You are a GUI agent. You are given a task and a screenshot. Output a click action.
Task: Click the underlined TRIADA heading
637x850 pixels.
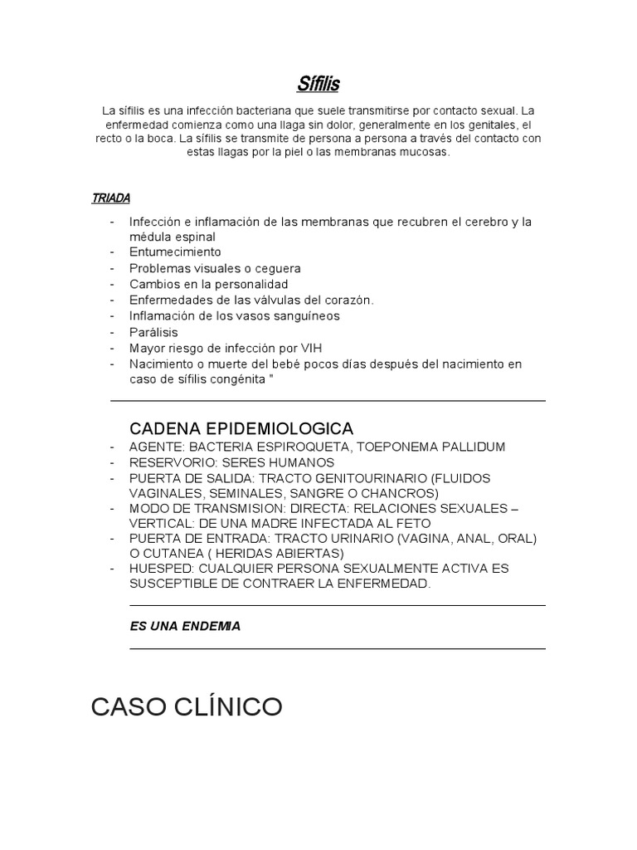pyautogui.click(x=110, y=198)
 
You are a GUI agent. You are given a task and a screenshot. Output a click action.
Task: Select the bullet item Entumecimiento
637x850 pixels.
pyautogui.click(x=175, y=252)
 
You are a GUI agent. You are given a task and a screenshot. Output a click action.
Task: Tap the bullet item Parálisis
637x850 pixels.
pyautogui.click(x=153, y=332)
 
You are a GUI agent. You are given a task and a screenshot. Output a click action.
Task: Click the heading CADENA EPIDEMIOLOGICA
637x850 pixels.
pyautogui.click(x=241, y=428)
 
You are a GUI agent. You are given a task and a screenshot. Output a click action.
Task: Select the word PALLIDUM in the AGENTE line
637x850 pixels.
pyautogui.click(x=466, y=447)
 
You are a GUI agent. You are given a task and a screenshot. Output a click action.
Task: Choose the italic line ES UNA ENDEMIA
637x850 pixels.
pyautogui.click(x=185, y=627)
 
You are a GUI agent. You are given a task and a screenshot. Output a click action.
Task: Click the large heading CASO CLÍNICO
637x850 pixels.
pyautogui.click(x=186, y=707)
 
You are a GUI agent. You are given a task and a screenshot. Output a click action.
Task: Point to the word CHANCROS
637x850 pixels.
pyautogui.click(x=394, y=493)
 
